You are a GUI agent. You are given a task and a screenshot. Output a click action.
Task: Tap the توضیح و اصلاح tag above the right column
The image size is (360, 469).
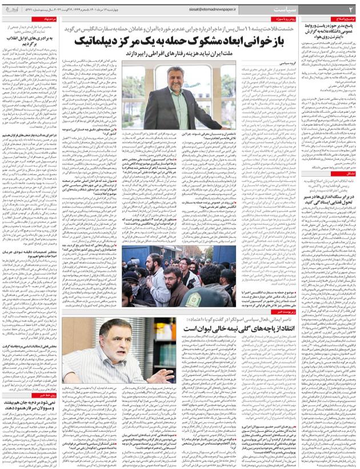(341, 19)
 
